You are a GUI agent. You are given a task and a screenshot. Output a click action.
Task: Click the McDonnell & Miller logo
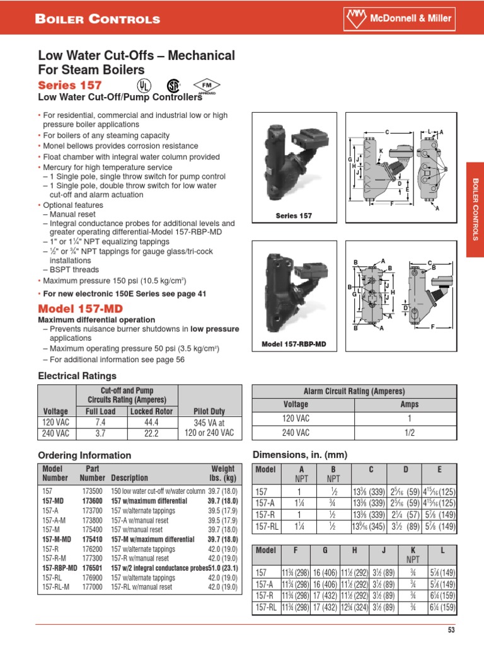click(408, 18)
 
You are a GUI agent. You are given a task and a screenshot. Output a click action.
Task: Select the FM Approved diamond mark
click(204, 86)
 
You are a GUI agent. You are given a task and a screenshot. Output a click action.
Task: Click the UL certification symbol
click(145, 86)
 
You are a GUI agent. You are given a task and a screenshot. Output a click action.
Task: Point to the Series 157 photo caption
click(294, 216)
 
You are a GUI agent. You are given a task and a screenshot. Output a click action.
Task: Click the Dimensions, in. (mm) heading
click(299, 455)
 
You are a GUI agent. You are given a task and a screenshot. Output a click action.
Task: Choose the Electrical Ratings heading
click(78, 376)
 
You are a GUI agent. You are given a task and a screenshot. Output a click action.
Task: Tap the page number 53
click(451, 631)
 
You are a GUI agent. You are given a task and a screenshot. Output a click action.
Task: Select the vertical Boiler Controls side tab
click(475, 209)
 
